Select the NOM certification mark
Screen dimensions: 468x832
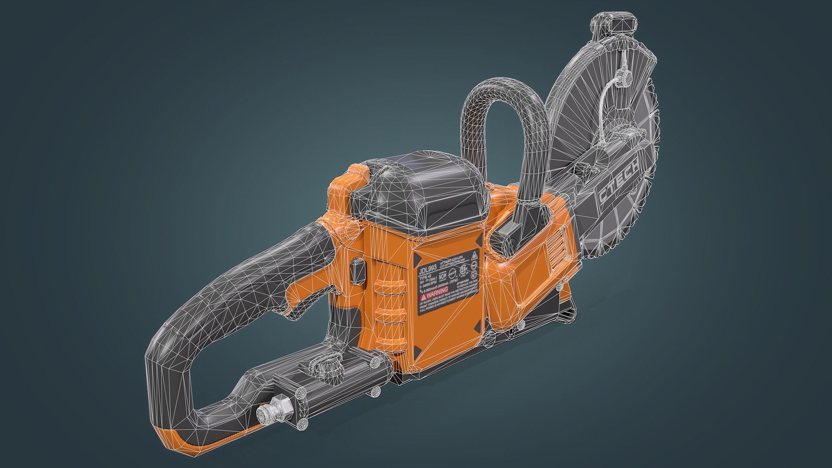[443, 276]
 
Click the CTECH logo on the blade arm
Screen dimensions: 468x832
[618, 185]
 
